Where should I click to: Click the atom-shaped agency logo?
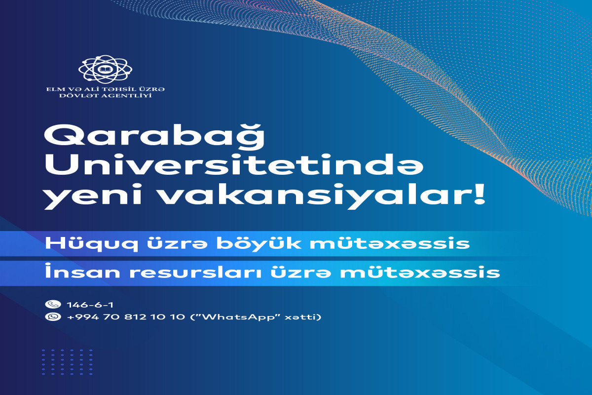105,69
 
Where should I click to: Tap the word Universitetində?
234,164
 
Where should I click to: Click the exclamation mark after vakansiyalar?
479,194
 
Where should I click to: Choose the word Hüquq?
91,244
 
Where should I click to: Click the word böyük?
259,244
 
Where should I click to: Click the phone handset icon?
53,304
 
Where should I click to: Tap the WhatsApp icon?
53,316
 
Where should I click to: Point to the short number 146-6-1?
90,305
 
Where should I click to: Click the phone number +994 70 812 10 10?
126,316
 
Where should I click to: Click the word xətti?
301,316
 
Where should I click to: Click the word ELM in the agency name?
53,89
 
